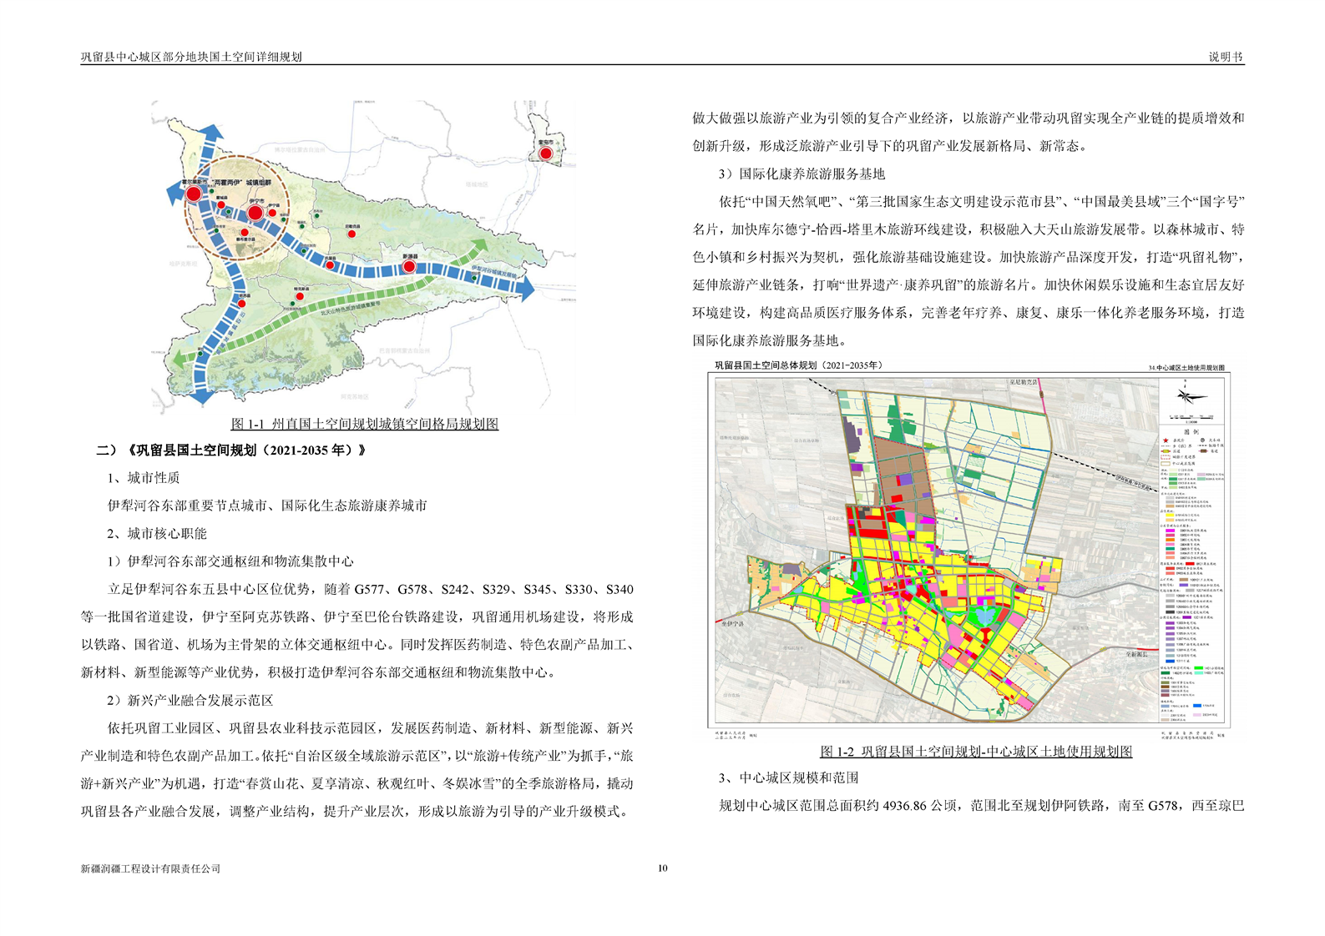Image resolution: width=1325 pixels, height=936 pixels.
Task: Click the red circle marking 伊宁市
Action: pyautogui.click(x=255, y=214)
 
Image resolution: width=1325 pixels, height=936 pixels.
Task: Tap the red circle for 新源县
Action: pyautogui.click(x=409, y=266)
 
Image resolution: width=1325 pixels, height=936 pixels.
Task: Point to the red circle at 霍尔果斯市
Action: pyautogui.click(x=194, y=194)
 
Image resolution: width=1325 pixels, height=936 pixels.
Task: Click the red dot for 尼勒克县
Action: pyautogui.click(x=351, y=234)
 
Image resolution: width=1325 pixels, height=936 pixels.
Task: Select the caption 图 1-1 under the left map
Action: pyautogui.click(x=364, y=424)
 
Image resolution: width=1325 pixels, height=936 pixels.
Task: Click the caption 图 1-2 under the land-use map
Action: pyautogui.click(x=975, y=752)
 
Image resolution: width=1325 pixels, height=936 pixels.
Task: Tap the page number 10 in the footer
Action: pyautogui.click(x=663, y=868)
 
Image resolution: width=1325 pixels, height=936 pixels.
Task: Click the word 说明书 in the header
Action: pyautogui.click(x=1226, y=57)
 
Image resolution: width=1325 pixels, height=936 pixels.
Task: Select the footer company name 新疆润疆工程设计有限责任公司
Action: pyautogui.click(x=150, y=868)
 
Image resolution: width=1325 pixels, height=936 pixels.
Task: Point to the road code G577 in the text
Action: pyautogui.click(x=372, y=590)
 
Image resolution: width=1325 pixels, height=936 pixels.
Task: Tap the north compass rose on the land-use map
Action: pyautogui.click(x=1191, y=395)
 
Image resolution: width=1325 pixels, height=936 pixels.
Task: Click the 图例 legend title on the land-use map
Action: pyautogui.click(x=1191, y=432)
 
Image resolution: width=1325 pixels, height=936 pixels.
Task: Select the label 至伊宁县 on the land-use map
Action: pyautogui.click(x=731, y=623)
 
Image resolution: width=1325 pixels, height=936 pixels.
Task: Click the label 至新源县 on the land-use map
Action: pyautogui.click(x=1135, y=655)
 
